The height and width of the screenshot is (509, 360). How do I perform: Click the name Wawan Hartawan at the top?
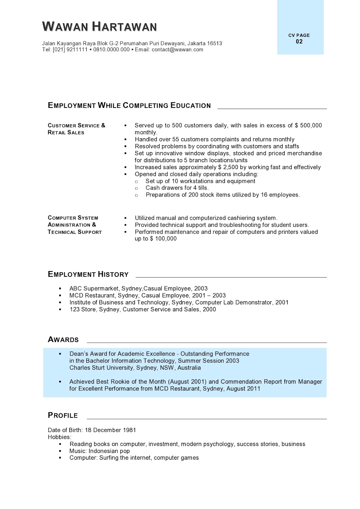[99, 26]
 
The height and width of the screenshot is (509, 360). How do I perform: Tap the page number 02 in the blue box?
[299, 42]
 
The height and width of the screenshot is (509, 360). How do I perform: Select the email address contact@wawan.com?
[177, 50]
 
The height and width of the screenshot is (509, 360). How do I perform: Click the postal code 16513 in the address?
[215, 43]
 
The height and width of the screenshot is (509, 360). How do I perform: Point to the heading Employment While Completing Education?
[129, 106]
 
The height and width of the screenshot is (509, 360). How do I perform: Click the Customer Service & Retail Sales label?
[76, 129]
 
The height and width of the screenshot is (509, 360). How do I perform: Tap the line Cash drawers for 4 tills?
[177, 188]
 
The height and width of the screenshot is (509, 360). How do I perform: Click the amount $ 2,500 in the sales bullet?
[228, 167]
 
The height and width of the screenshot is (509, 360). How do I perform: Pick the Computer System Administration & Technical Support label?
[74, 225]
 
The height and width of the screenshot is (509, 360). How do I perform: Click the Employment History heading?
[88, 274]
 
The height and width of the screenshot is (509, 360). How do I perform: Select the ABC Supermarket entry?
[138, 289]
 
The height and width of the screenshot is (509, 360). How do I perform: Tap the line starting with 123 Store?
[143, 310]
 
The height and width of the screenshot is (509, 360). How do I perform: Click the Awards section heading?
[63, 340]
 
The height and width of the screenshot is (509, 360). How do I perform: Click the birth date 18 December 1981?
[110, 430]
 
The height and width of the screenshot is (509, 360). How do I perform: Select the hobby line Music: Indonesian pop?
[100, 451]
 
